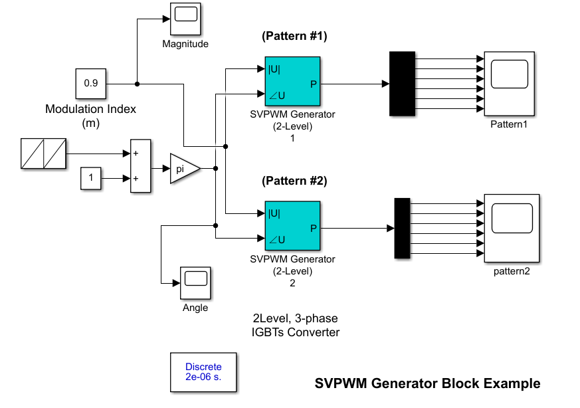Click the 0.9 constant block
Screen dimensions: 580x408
(x=90, y=84)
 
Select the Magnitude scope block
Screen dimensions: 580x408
(x=185, y=19)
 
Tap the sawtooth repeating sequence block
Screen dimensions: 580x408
(x=43, y=153)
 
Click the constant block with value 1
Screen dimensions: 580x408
(x=90, y=178)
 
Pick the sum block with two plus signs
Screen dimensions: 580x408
(x=141, y=165)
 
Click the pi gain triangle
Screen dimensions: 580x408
(x=185, y=169)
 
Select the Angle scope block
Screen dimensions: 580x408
(x=195, y=283)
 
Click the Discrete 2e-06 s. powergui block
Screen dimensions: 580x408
(x=203, y=372)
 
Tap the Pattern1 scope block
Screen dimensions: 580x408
(x=510, y=84)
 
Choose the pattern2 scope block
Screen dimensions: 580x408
(x=512, y=228)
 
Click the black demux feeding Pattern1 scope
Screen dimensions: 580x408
(x=402, y=84)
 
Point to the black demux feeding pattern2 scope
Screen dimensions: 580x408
(x=402, y=228)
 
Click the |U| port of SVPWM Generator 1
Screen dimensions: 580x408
(x=274, y=69)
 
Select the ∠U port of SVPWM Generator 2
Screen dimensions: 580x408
(x=277, y=240)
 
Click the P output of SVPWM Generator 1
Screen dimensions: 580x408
(x=314, y=84)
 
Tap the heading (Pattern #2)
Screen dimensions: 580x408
(x=294, y=181)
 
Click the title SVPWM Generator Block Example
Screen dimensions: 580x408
(x=427, y=383)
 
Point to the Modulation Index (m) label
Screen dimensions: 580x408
(x=90, y=116)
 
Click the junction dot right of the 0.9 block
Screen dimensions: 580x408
(x=138, y=84)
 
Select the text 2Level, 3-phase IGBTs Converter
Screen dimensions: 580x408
(x=295, y=325)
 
